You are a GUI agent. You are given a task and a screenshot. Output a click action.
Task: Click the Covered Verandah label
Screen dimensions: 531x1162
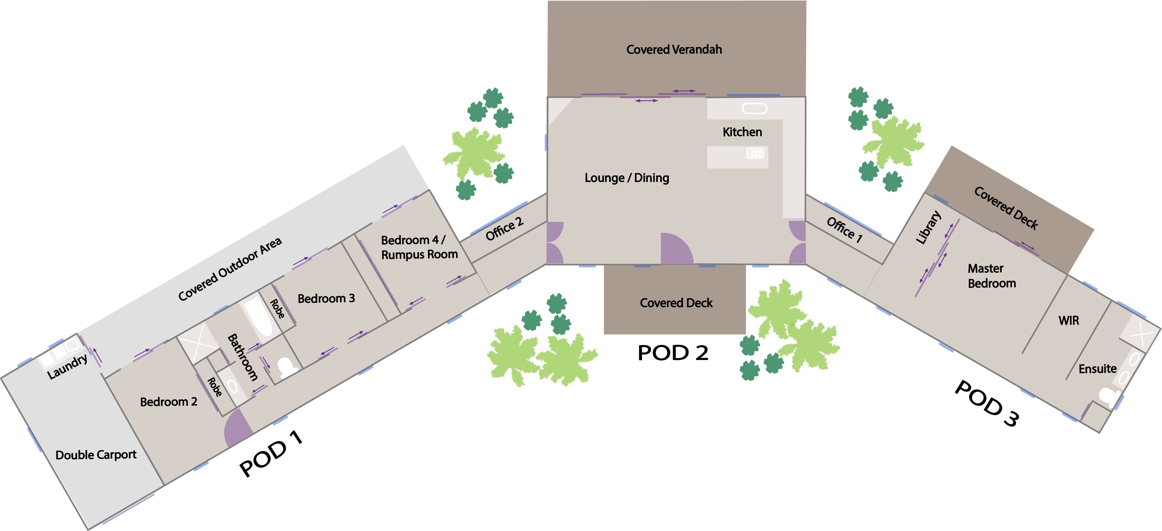click(674, 50)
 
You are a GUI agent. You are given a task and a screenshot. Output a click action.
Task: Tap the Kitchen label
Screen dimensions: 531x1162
click(742, 132)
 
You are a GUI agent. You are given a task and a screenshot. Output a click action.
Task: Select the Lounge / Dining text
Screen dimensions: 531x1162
click(627, 178)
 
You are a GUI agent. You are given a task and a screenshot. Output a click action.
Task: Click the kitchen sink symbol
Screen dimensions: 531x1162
click(754, 108)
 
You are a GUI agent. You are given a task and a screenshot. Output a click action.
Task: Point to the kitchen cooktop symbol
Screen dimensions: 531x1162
click(755, 153)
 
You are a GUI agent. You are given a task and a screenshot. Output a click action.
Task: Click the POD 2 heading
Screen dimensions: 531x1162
click(673, 353)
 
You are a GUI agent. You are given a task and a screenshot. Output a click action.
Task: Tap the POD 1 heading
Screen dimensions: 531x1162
click(271, 453)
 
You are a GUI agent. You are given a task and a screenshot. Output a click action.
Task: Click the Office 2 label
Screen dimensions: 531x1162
click(504, 229)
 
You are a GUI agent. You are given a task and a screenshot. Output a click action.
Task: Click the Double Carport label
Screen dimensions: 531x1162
click(96, 455)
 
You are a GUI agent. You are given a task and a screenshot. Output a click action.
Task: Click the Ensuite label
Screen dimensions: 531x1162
click(1097, 369)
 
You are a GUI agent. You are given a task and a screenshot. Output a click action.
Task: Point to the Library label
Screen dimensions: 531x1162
click(928, 227)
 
